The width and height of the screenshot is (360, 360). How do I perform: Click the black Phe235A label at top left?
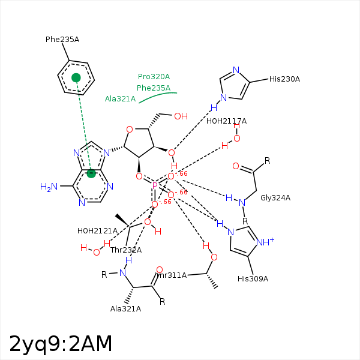62,40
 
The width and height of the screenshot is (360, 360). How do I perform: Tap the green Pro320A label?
154,77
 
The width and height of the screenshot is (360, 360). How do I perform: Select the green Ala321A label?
120,99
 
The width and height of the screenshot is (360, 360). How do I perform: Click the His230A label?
284,79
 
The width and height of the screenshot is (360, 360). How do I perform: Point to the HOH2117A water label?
226,121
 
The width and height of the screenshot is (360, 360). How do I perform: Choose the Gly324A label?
275,198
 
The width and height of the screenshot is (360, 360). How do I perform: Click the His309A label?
253,279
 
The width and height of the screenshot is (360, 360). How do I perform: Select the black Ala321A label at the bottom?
125,309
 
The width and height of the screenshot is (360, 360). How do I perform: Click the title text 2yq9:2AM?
61,344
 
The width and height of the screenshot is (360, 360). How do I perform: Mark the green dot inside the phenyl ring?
76,77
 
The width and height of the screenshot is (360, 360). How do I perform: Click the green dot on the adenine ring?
91,173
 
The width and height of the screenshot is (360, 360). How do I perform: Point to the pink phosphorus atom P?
155,186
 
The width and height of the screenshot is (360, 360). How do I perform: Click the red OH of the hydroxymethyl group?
181,116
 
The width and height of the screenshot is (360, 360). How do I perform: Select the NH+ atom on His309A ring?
265,242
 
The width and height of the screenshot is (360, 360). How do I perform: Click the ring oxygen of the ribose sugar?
130,129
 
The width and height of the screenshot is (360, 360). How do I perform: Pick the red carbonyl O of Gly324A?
236,166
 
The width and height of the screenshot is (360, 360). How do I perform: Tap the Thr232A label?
126,250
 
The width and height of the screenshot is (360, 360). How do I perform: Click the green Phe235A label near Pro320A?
154,88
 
